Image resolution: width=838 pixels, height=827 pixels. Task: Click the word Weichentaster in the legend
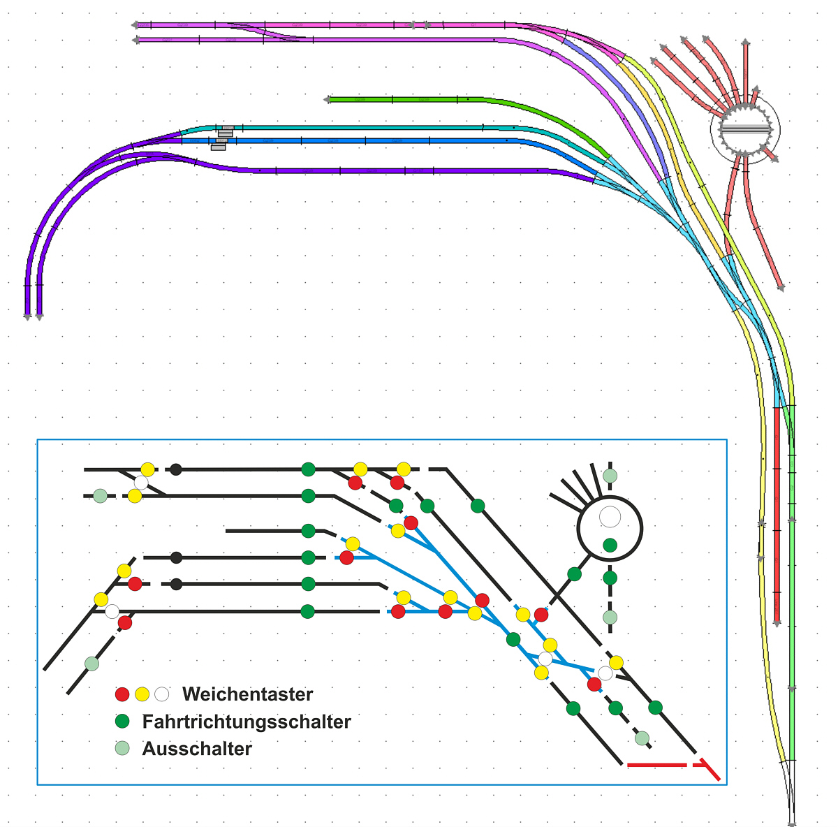(247, 694)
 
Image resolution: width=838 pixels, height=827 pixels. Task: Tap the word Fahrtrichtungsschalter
(247, 722)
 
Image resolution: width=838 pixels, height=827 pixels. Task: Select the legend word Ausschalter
(197, 749)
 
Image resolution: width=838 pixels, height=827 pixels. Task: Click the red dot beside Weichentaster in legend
(122, 694)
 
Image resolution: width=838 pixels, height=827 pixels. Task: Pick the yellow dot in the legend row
(142, 694)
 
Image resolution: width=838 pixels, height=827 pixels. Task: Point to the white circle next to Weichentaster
(162, 694)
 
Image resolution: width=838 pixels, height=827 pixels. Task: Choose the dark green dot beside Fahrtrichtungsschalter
(122, 721)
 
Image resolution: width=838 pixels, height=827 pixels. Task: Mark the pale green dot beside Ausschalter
(122, 748)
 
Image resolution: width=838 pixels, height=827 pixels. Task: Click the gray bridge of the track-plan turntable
(745, 130)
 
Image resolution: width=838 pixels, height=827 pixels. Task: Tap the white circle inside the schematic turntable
(610, 517)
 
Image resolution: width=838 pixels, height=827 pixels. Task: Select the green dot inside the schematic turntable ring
(610, 545)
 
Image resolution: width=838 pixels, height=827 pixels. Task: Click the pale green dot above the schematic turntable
(610, 476)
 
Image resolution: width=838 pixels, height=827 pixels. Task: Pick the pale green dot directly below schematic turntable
(610, 617)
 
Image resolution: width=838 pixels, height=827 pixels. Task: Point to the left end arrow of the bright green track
(327, 100)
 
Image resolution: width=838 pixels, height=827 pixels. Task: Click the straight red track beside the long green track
(777, 517)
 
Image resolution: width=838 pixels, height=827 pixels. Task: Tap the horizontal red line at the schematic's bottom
(656, 766)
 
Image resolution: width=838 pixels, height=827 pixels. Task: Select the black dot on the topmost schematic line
(176, 469)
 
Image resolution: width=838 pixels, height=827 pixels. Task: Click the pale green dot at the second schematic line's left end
(100, 496)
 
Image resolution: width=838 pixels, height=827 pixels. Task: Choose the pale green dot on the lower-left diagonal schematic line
(91, 663)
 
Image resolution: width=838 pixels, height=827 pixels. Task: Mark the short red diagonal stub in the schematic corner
(711, 770)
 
